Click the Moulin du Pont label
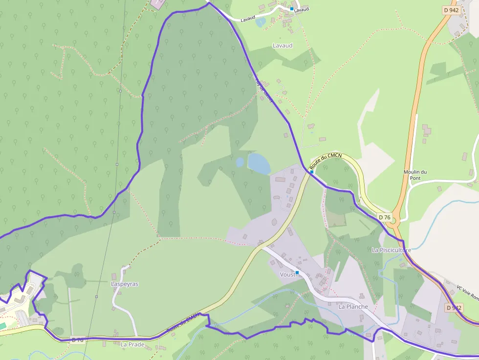pyautogui.click(x=415, y=174)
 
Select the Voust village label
pyautogui.click(x=287, y=275)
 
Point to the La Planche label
pyautogui.click(x=353, y=306)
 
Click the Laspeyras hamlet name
pyautogui.click(x=125, y=284)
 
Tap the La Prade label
pyautogui.click(x=132, y=344)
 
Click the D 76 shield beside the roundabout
pyautogui.click(x=385, y=217)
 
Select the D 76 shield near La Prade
pyautogui.click(x=77, y=340)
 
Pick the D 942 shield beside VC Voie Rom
pyautogui.click(x=454, y=308)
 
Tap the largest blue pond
pyautogui.click(x=259, y=163)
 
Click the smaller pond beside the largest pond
pyautogui.click(x=239, y=162)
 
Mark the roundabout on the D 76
pyautogui.click(x=394, y=221)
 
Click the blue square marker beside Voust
pyautogui.click(x=297, y=273)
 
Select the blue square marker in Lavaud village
pyautogui.click(x=292, y=9)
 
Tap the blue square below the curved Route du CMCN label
pyautogui.click(x=311, y=172)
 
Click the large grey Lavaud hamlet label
pyautogui.click(x=283, y=45)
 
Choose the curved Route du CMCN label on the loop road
pyautogui.click(x=326, y=160)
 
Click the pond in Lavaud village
pyautogui.click(x=260, y=22)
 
